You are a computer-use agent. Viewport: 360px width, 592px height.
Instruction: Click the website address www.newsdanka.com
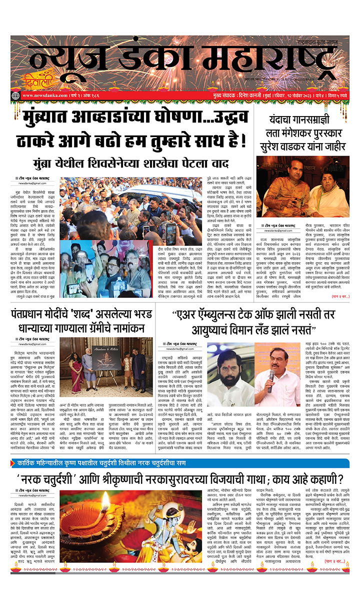click(43, 96)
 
